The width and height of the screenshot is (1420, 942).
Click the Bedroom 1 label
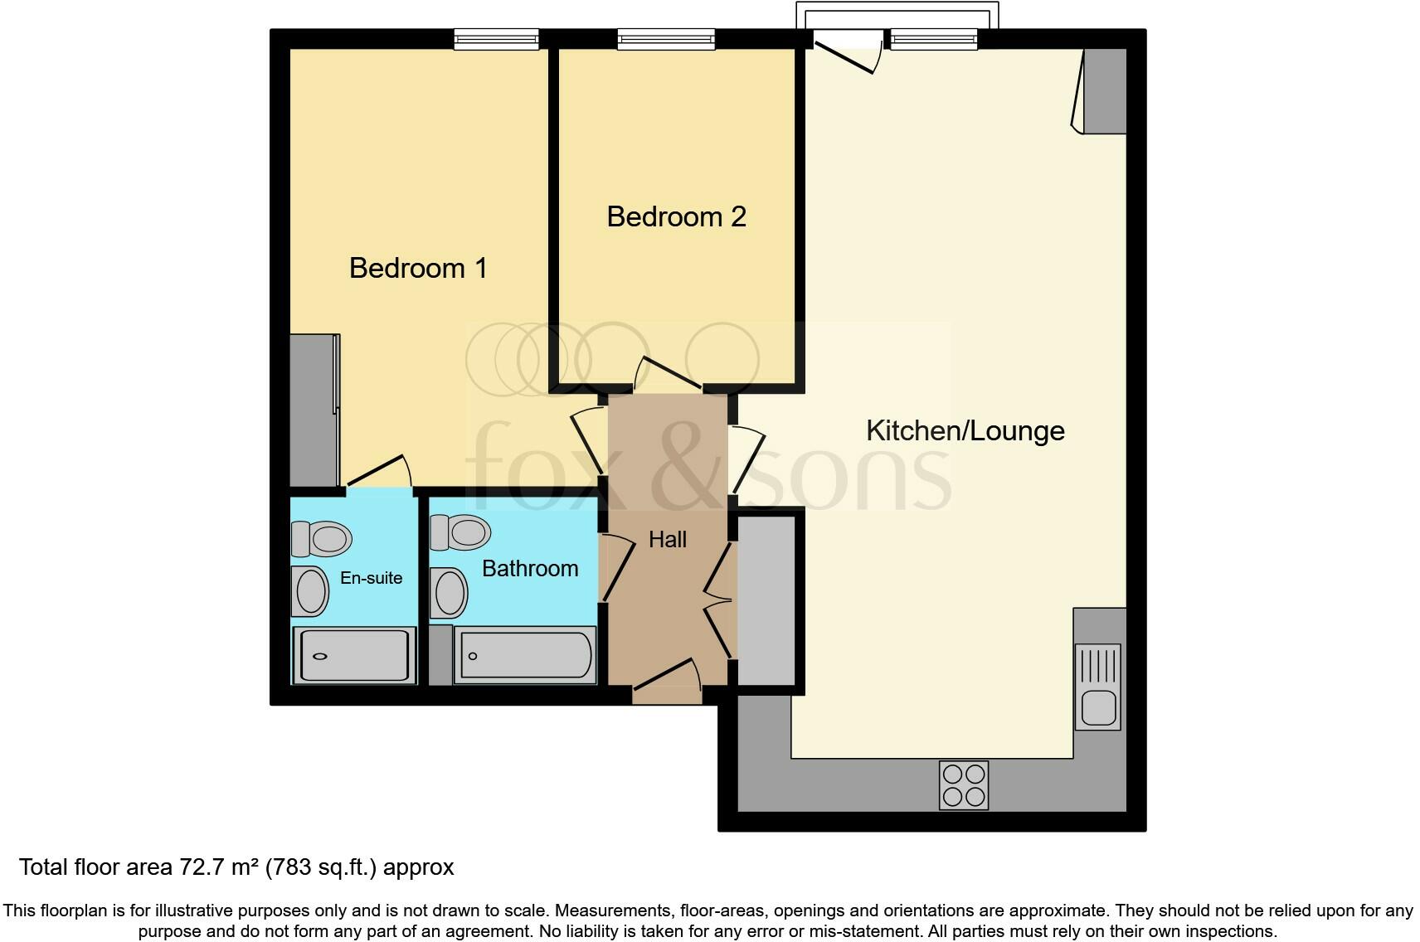click(418, 268)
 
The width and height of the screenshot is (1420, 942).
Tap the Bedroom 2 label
click(676, 216)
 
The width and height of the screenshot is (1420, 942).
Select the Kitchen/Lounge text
click(965, 430)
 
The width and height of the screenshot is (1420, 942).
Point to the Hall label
click(667, 540)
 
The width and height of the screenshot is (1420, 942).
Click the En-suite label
click(371, 578)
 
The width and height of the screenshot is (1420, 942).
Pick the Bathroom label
click(530, 569)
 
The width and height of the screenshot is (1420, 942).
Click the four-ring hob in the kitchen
click(964, 784)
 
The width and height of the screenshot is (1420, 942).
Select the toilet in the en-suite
click(321, 539)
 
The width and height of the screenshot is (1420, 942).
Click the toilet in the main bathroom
click(460, 532)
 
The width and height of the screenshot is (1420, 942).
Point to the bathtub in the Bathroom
click(524, 656)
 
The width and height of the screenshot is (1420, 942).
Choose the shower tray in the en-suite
click(353, 655)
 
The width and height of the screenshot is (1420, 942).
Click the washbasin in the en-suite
click(312, 590)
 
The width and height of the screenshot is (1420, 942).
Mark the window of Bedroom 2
click(666, 38)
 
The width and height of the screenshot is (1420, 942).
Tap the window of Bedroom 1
click(496, 38)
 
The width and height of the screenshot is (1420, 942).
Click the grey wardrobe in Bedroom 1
click(313, 410)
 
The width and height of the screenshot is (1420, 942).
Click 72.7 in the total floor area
click(200, 867)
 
